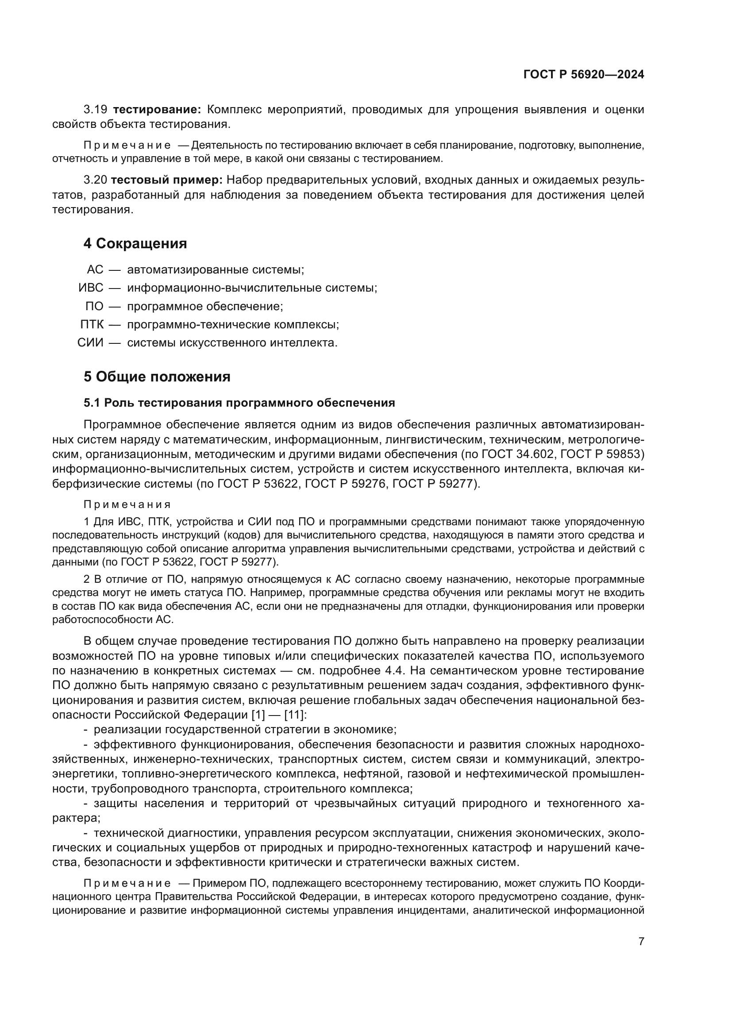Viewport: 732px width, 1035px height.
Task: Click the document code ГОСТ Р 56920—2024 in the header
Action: [x=583, y=75]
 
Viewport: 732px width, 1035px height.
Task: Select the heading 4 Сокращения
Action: [x=135, y=243]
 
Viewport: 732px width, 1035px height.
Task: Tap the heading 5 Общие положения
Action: [x=157, y=377]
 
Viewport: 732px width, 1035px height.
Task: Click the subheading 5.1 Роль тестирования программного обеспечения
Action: [x=239, y=403]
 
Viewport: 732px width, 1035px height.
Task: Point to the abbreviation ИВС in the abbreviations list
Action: [x=91, y=288]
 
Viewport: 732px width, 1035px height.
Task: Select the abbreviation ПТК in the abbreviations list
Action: [x=92, y=324]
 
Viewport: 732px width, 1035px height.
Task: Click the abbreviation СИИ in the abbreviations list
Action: [x=90, y=342]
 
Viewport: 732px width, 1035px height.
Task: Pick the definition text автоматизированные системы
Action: [x=216, y=269]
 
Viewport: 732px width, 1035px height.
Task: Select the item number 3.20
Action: [x=95, y=180]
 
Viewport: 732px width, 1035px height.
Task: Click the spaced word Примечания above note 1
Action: [x=127, y=504]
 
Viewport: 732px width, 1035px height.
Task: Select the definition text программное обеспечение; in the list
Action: [x=205, y=306]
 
